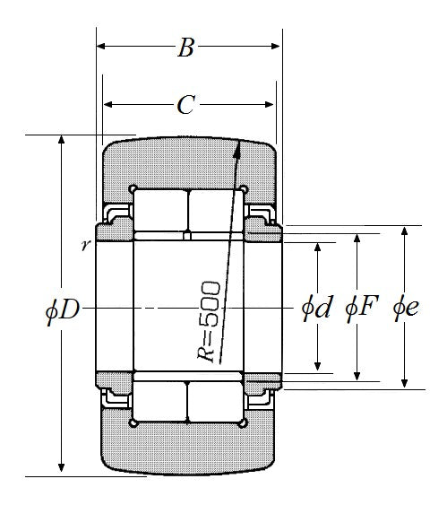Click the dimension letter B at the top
186,48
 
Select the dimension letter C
185,105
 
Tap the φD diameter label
63,309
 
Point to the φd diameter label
316,308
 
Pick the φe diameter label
406,309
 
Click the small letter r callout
85,246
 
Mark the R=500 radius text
209,321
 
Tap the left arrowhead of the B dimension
97,46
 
